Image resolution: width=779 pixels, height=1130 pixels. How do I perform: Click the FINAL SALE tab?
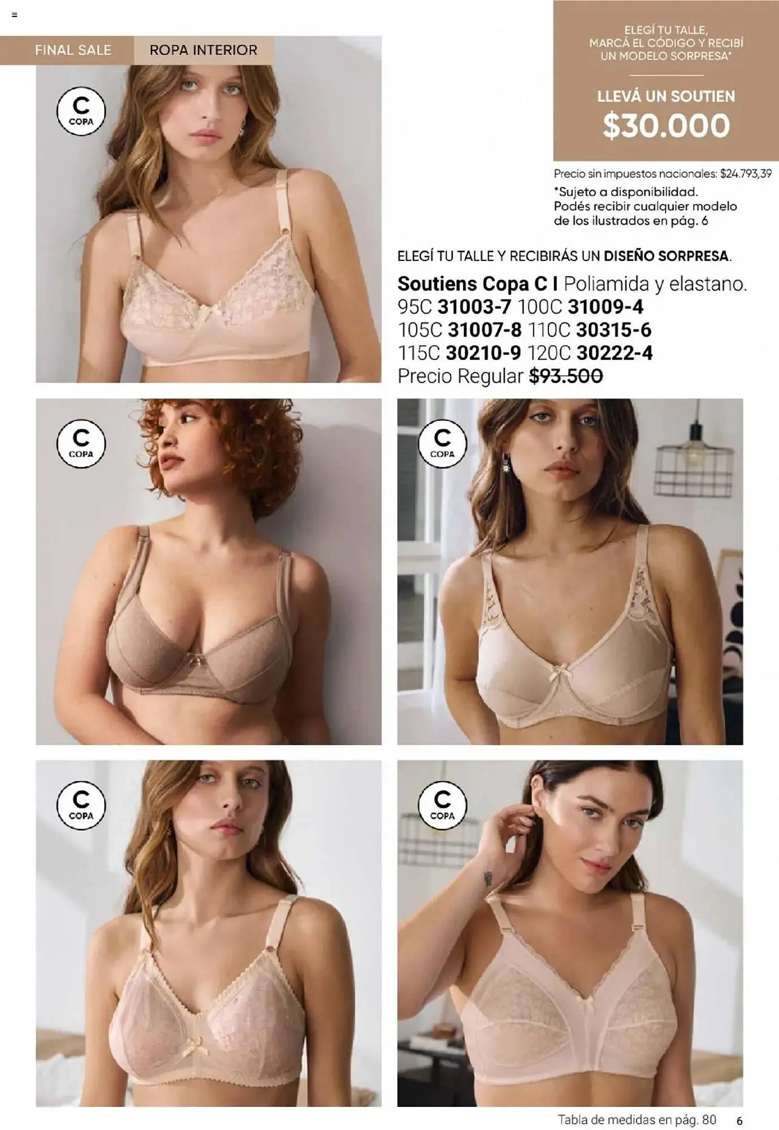[73, 50]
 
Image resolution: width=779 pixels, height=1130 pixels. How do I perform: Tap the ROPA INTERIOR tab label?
[203, 50]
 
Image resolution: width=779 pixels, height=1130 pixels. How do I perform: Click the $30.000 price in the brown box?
[666, 125]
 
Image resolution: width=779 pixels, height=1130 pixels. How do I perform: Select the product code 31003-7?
[474, 307]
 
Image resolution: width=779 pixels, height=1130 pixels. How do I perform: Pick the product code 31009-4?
[605, 307]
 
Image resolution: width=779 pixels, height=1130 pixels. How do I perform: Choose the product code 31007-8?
[484, 330]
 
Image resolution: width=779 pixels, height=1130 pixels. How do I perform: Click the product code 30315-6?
[613, 330]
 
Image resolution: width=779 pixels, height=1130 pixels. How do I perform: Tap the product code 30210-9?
[483, 353]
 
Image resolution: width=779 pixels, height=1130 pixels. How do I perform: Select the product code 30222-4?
[614, 353]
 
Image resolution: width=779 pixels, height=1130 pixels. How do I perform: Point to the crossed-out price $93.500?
[566, 376]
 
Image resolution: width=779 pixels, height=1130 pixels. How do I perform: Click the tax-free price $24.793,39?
[746, 174]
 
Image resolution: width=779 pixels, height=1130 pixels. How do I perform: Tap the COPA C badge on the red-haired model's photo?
[81, 444]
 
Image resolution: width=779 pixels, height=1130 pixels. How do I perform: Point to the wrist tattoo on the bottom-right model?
[488, 878]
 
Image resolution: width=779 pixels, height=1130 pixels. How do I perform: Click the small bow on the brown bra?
[197, 659]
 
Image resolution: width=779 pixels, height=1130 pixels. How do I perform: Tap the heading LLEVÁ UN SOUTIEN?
[666, 97]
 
